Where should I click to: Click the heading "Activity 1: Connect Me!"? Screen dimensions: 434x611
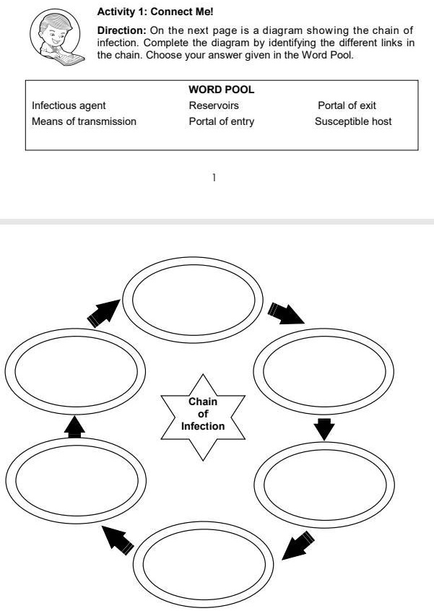[155, 12]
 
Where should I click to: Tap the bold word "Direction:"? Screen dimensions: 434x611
[121, 30]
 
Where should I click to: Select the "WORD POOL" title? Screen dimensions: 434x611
[221, 90]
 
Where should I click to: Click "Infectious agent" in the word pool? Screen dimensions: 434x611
[69, 105]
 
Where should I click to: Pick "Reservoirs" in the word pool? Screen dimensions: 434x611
[214, 105]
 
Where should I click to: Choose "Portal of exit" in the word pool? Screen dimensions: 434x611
[347, 105]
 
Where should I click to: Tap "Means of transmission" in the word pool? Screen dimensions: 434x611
[84, 121]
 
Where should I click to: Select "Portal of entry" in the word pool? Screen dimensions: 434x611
[221, 121]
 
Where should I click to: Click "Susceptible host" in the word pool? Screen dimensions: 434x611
[353, 121]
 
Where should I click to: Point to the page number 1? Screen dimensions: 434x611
[214, 178]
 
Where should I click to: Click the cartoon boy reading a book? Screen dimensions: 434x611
[56, 38]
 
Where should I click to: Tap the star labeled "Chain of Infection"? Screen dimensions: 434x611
[203, 417]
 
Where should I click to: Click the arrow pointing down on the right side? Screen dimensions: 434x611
[324, 430]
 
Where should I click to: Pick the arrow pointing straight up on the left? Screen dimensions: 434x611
[74, 427]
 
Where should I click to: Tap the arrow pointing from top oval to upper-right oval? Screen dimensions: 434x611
[286, 313]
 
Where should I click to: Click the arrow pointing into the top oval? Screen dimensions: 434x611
[104, 313]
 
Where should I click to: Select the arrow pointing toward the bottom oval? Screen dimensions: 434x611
[298, 545]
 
